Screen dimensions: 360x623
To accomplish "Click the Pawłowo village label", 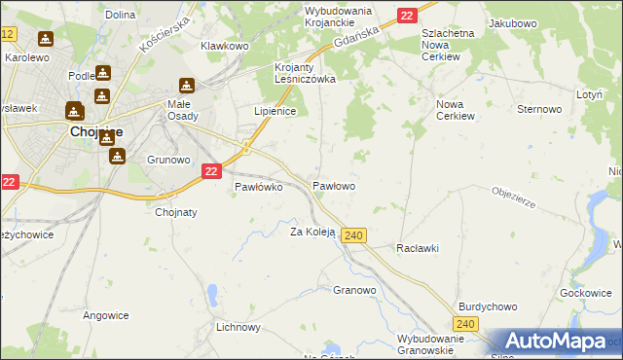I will pos(333,185).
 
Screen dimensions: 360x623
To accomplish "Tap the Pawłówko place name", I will pos(258,188).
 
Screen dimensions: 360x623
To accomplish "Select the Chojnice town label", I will pos(94,132).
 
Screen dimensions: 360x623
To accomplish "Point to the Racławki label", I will pos(418,248).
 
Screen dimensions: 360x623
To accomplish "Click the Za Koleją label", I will pos(312,232).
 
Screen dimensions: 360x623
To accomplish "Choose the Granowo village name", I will pos(354,290).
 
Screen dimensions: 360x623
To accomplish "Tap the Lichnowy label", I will pos(239,327).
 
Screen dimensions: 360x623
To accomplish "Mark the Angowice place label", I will pos(106,314).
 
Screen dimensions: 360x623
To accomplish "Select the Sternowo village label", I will pos(541,109).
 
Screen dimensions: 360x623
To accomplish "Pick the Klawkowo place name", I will pos(225,46).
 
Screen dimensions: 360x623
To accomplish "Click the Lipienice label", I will pos(275,111).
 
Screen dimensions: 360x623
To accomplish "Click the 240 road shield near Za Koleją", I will pos(354,235).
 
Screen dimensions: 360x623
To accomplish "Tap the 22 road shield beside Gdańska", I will pos(407,15).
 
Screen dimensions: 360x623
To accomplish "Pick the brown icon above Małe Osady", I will pos(186,87).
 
